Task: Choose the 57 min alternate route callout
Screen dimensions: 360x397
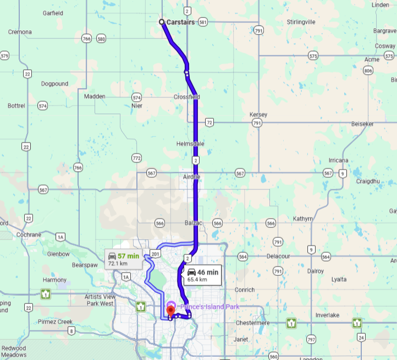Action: [x=124, y=259]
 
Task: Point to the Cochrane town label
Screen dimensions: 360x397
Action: [x=29, y=234]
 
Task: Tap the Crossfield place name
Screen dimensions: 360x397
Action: [x=186, y=97]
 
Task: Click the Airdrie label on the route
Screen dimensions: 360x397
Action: [x=191, y=177]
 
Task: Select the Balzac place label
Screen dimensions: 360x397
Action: [x=195, y=223]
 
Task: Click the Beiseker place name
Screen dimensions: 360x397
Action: [x=362, y=124]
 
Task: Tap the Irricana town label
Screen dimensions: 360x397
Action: [x=338, y=160]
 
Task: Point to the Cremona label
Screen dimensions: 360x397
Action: [x=20, y=32]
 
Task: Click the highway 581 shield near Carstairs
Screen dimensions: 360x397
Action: [x=203, y=22]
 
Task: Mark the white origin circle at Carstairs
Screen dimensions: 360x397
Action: [x=162, y=22]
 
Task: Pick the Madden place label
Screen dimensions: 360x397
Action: [x=95, y=96]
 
